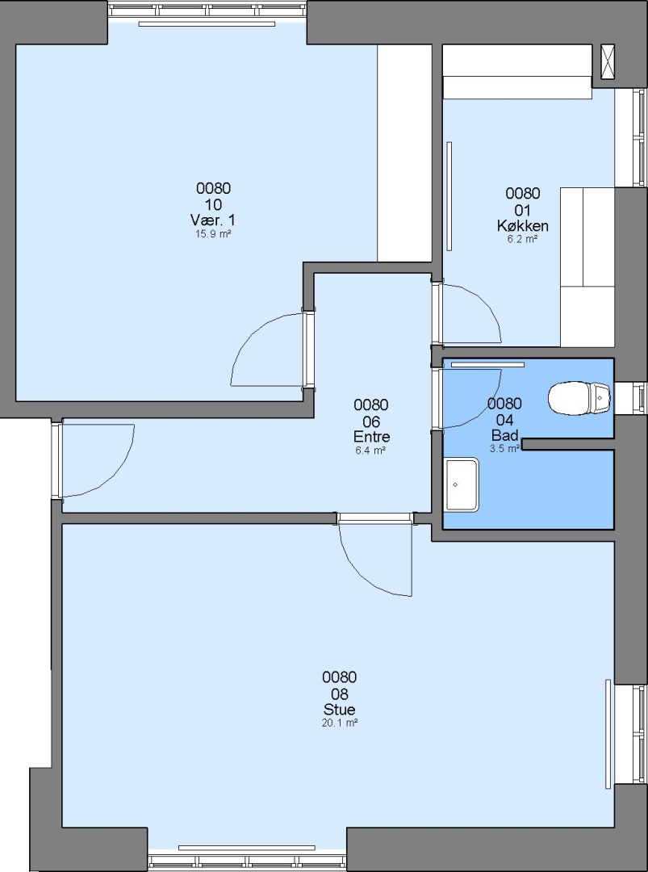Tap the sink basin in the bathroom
(x=462, y=484)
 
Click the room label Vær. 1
(x=213, y=220)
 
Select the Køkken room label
(x=522, y=226)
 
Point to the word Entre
(x=371, y=437)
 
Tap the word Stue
(x=340, y=710)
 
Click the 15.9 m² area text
(x=213, y=234)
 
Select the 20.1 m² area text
(x=340, y=723)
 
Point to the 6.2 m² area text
(x=522, y=239)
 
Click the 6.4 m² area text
(x=371, y=451)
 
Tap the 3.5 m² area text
(x=504, y=447)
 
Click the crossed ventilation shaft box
(x=608, y=61)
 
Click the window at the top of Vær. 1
(x=207, y=10)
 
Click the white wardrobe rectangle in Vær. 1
(x=404, y=153)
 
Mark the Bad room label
(x=504, y=434)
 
